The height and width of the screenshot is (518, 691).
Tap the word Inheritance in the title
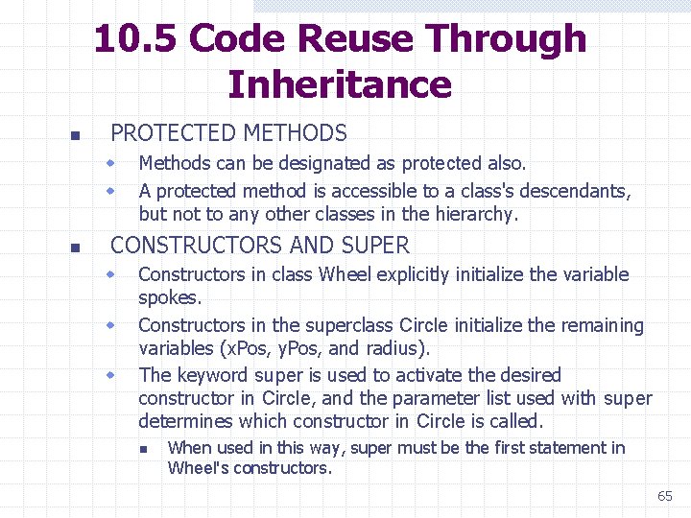[x=340, y=84]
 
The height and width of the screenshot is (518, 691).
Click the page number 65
[x=665, y=496]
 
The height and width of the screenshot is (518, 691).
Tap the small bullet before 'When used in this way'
[x=141, y=449]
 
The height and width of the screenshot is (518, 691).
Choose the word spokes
[x=169, y=298]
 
